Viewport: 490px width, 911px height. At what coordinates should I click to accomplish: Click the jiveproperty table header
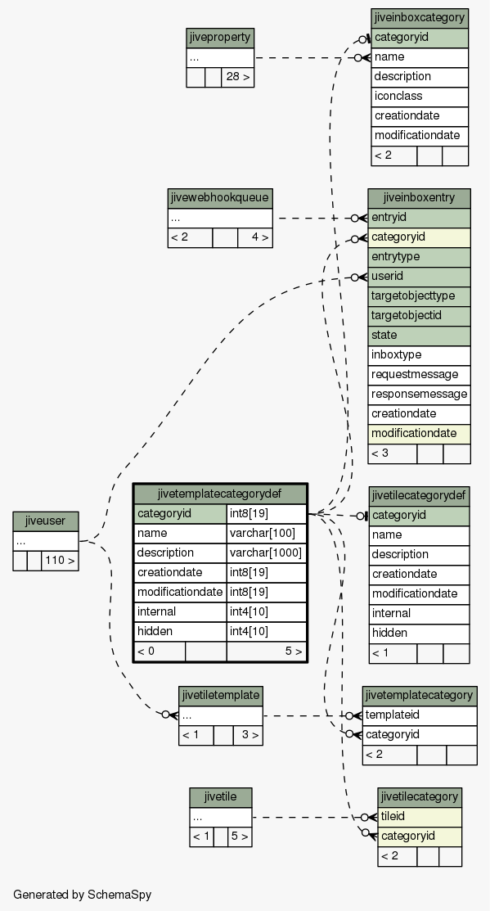click(x=220, y=38)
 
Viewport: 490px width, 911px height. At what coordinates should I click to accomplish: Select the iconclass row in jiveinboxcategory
click(x=420, y=97)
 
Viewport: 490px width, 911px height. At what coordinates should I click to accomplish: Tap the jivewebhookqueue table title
click(x=220, y=199)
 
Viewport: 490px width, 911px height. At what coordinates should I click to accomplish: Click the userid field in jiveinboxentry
click(x=419, y=277)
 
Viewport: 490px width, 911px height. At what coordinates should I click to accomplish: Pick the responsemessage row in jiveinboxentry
click(x=419, y=395)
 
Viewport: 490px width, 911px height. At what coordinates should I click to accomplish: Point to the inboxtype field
click(x=419, y=355)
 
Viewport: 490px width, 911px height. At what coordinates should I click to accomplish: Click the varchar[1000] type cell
click(x=267, y=553)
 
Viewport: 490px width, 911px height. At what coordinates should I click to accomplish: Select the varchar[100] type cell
click(x=267, y=534)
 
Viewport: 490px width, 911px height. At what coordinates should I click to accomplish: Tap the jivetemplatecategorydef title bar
click(x=220, y=494)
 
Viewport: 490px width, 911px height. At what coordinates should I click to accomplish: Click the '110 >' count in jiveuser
click(x=60, y=561)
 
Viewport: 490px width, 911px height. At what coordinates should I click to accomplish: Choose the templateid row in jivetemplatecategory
click(x=420, y=715)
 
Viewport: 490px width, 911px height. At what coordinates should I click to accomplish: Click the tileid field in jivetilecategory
click(x=420, y=817)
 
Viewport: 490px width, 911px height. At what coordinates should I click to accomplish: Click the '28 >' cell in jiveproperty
click(x=237, y=77)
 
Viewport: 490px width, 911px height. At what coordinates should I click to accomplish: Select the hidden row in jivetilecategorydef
click(x=419, y=634)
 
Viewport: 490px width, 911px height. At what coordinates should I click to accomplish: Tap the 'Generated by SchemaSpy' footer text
click(x=82, y=895)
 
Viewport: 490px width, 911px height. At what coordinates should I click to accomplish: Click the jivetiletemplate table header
click(x=221, y=696)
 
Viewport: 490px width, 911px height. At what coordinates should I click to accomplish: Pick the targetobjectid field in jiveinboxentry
click(x=419, y=316)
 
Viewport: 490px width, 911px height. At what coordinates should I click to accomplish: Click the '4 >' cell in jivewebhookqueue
click(x=255, y=237)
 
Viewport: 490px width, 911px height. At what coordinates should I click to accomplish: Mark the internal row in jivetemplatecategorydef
click(x=181, y=611)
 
